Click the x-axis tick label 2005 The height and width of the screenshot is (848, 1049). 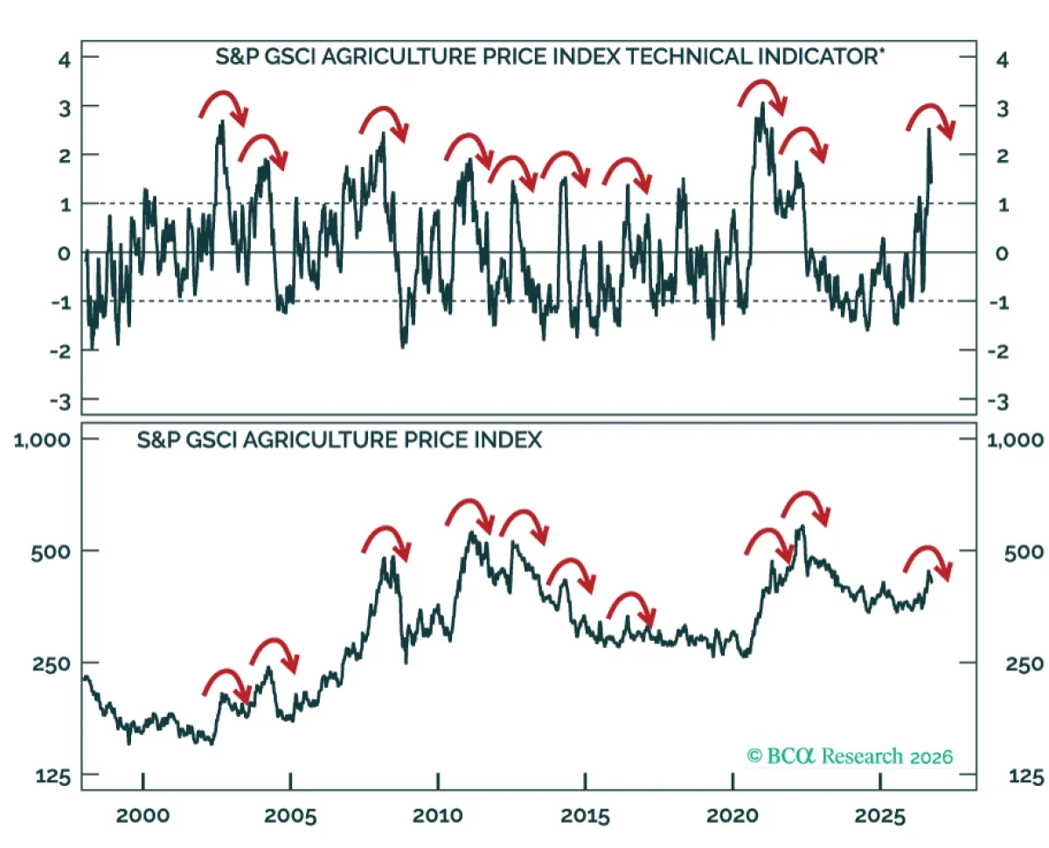[x=290, y=816]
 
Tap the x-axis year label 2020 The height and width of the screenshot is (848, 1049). [x=733, y=816]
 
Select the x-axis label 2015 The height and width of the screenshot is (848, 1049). [x=585, y=816]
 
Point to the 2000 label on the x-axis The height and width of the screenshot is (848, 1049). [x=142, y=816]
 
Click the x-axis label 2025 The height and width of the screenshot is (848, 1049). [x=880, y=816]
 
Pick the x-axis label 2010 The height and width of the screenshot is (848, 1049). [x=437, y=816]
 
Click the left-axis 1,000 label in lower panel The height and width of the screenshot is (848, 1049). [x=42, y=440]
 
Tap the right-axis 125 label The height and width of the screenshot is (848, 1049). [x=1026, y=776]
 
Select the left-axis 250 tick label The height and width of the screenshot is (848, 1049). [x=52, y=664]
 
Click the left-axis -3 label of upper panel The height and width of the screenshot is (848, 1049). [x=60, y=402]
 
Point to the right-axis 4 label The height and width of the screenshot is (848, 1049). [x=1002, y=60]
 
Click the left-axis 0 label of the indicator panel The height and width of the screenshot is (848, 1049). [x=64, y=254]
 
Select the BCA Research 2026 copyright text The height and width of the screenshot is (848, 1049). [x=850, y=756]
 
